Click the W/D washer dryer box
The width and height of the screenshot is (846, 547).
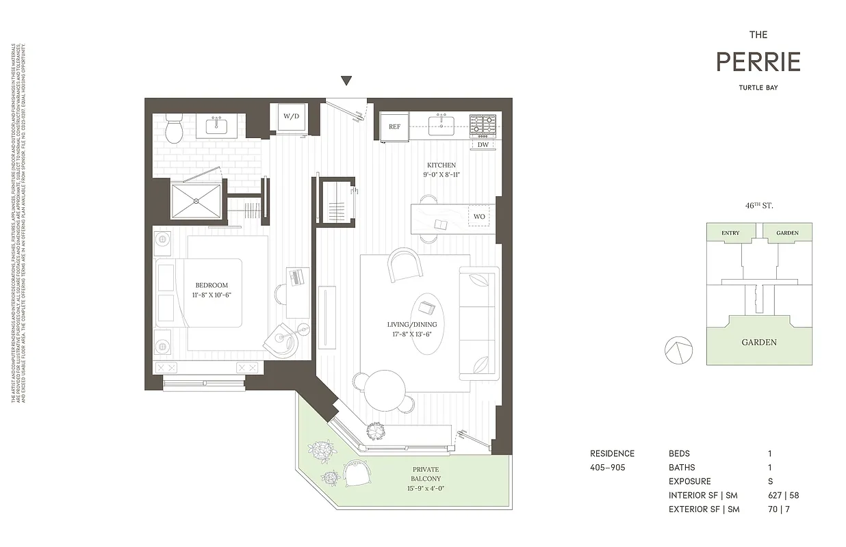[291, 117]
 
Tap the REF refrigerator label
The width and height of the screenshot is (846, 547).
[395, 127]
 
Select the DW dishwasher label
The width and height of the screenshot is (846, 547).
[483, 145]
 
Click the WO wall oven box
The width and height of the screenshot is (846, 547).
[479, 217]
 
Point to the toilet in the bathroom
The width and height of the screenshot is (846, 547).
[175, 129]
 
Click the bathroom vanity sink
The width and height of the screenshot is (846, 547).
[218, 125]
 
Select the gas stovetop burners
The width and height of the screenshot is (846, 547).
[484, 125]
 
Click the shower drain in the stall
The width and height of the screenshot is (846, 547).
[196, 201]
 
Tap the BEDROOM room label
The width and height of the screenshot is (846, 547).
[211, 286]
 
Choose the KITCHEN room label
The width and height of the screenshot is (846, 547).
[441, 165]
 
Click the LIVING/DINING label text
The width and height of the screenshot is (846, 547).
[411, 325]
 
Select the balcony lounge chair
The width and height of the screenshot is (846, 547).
[357, 472]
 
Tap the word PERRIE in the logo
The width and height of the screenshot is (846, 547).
[758, 62]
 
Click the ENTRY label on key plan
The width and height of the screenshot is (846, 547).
[730, 233]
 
